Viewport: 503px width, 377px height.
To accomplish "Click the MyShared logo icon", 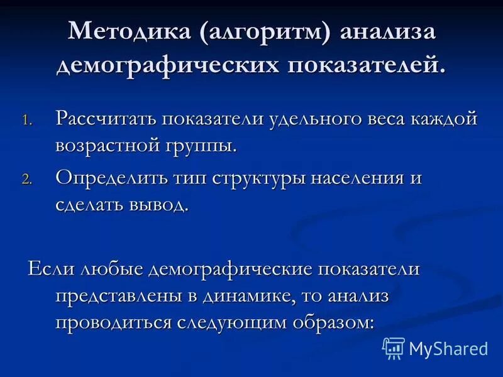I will [394, 347].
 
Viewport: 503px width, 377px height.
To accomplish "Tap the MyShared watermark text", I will [448, 347].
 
